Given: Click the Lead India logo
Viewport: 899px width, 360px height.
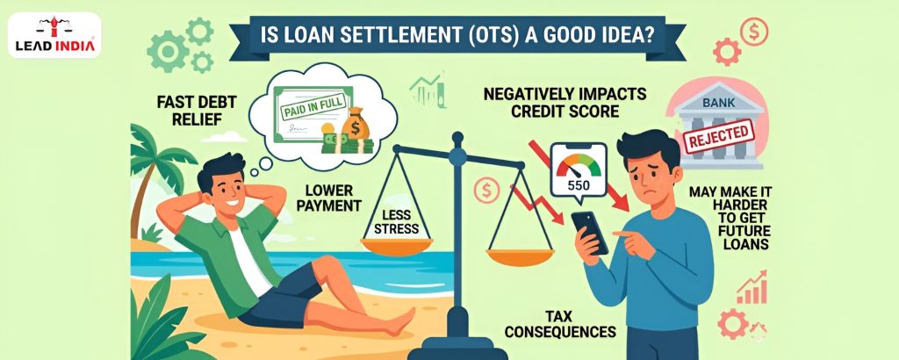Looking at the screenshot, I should [x=54, y=35].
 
